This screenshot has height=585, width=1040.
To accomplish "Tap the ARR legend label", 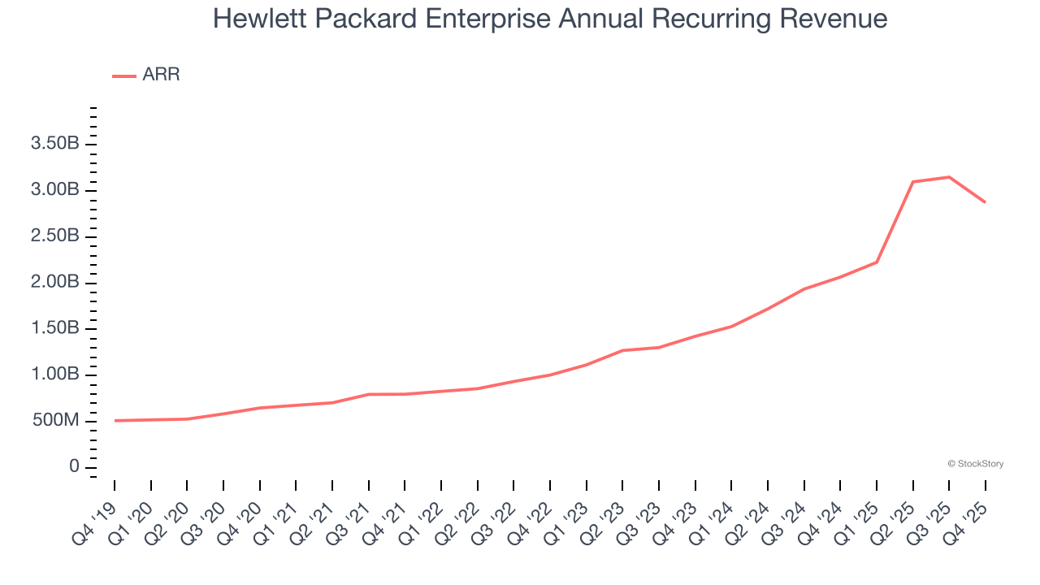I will coord(161,75).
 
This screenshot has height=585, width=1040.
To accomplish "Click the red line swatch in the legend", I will coord(124,76).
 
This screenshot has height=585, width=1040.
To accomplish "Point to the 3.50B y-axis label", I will coord(54,144).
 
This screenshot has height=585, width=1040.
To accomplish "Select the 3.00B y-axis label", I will coord(54,190).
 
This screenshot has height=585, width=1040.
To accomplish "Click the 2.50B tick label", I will coord(54,236).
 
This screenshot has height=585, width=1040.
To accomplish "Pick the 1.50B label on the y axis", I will coord(54,328).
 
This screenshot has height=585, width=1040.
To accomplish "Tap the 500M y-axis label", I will coord(54,421).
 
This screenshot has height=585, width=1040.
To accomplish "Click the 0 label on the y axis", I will coord(74,467).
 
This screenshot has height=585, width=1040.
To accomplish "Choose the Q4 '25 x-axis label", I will coord(969,512).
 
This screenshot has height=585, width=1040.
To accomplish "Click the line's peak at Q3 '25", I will coord(949,177).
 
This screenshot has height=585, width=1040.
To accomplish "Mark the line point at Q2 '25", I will coord(913,182).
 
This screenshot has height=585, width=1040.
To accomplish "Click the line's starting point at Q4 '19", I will coord(115,421).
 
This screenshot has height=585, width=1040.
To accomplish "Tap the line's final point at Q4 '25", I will coord(986,202).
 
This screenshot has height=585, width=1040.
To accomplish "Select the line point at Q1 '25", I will coord(877,262).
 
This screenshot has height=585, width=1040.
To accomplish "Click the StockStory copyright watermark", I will coord(975,464).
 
